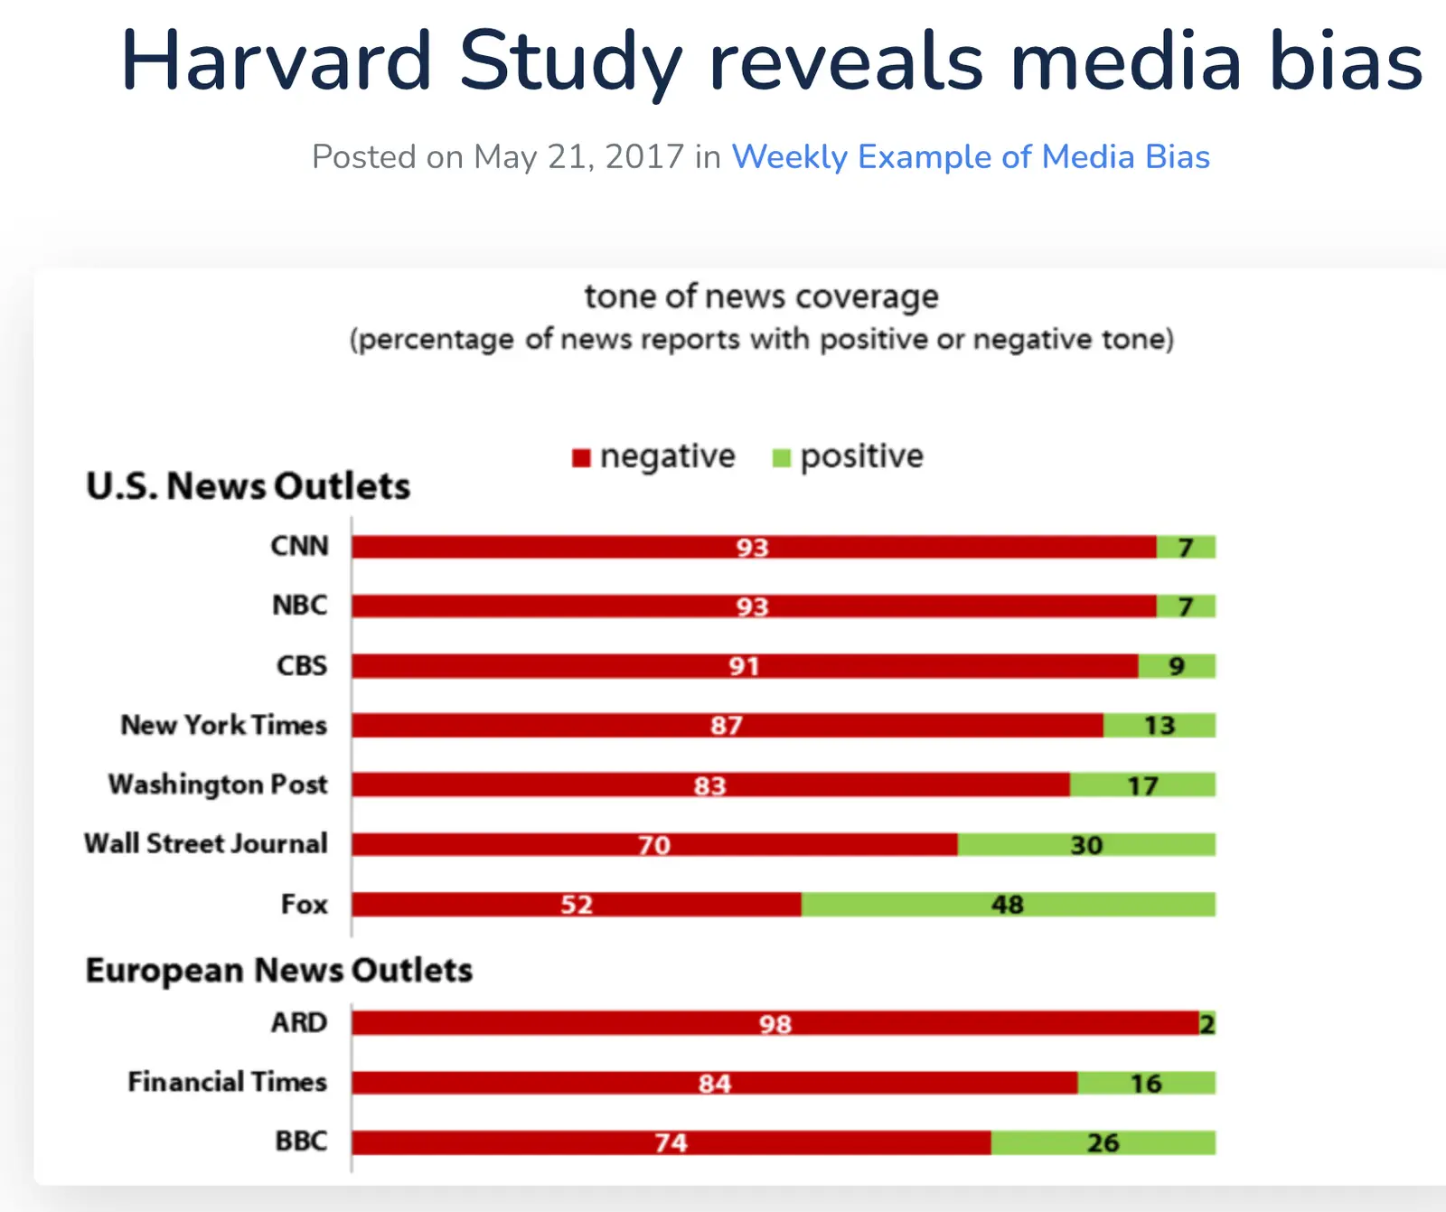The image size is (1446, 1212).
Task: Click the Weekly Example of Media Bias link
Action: point(970,157)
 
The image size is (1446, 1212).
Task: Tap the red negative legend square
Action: point(581,458)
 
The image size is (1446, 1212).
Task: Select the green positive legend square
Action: point(782,458)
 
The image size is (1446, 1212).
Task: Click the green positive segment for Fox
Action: point(1008,904)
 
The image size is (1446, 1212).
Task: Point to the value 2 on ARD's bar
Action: point(1207,1023)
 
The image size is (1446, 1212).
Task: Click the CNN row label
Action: point(300,546)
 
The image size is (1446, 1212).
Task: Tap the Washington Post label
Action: point(218,785)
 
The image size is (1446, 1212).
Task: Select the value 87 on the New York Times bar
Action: point(726,725)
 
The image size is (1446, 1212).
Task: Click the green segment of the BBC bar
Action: point(1103,1142)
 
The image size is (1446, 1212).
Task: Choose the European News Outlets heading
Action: point(278,970)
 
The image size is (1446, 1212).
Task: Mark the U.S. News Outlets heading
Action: point(248,486)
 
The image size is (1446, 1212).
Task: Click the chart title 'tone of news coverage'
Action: point(761,296)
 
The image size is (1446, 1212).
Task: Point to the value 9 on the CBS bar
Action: point(1176,666)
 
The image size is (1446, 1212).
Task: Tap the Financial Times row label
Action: point(227,1082)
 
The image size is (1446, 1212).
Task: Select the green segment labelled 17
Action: point(1142,785)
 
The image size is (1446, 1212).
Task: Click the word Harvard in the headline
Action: point(277,61)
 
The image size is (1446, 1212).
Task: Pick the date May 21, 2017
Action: point(578,157)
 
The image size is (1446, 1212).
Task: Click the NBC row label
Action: point(300,606)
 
